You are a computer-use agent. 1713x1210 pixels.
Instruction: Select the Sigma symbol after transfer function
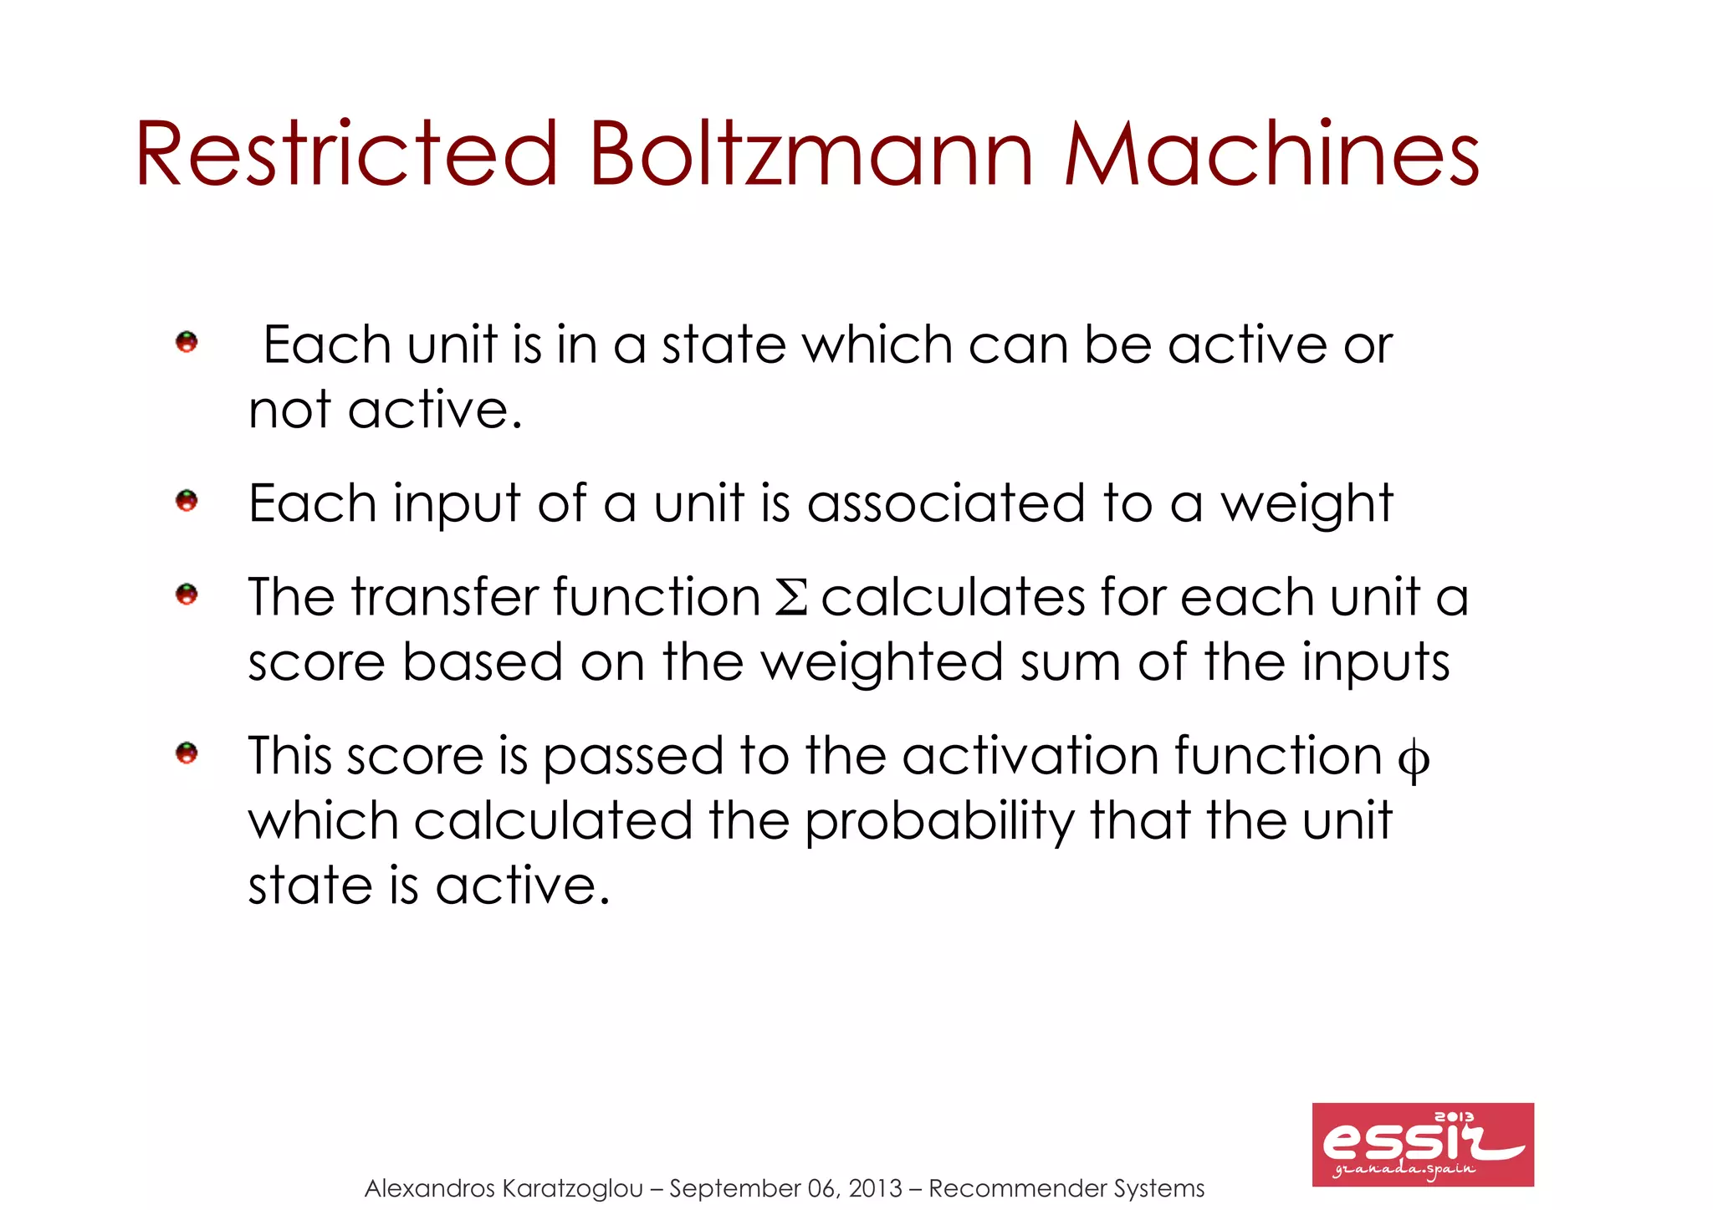pyautogui.click(x=790, y=598)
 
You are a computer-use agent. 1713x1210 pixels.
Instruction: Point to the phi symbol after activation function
pyautogui.click(x=1414, y=759)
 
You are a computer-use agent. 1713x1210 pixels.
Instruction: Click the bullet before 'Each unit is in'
pyautogui.click(x=187, y=341)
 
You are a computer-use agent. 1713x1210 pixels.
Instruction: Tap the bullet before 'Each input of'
pyautogui.click(x=187, y=501)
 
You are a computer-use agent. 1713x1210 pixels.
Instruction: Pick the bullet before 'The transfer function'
pyautogui.click(x=187, y=595)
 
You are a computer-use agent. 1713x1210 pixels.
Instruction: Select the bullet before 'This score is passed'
pyautogui.click(x=187, y=753)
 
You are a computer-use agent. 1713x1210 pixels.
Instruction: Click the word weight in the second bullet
pyautogui.click(x=1306, y=504)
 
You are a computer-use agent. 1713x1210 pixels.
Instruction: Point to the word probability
pyautogui.click(x=939, y=821)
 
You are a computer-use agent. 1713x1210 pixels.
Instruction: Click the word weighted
pyautogui.click(x=882, y=663)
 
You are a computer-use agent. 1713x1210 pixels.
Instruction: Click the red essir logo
pyautogui.click(x=1423, y=1144)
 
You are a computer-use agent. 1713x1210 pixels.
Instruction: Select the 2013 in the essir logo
pyautogui.click(x=1455, y=1116)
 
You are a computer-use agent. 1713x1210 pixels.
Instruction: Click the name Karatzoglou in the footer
pyautogui.click(x=573, y=1188)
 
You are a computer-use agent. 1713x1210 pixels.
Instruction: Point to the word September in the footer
pyautogui.click(x=734, y=1188)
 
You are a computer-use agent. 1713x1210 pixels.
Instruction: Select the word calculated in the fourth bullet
pyautogui.click(x=553, y=821)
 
